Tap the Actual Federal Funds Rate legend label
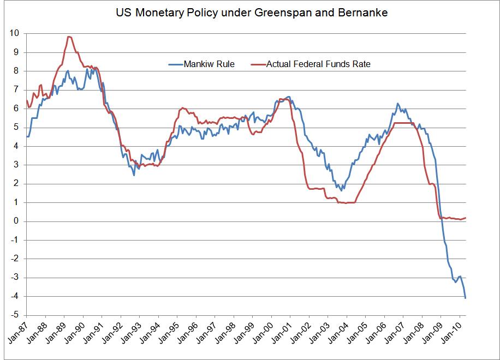pos(318,64)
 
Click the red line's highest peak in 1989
pos(69,37)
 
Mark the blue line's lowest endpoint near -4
pos(466,298)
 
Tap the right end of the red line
pos(466,218)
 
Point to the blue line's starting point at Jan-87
pos(27,136)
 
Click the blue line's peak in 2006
pos(397,103)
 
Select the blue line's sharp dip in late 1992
pos(134,175)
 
